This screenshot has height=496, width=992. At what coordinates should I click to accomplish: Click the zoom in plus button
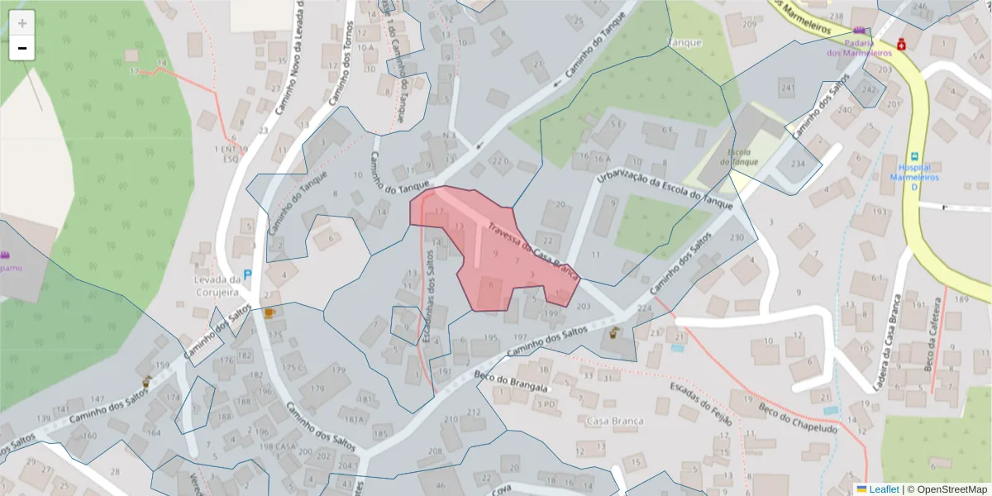pyautogui.click(x=22, y=23)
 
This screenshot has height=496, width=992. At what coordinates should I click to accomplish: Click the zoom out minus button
pyautogui.click(x=22, y=48)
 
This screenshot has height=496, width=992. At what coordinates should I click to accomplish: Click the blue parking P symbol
pyautogui.click(x=247, y=274)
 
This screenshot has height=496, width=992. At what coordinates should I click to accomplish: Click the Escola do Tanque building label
pyautogui.click(x=738, y=156)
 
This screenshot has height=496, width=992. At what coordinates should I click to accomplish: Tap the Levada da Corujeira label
pyautogui.click(x=217, y=285)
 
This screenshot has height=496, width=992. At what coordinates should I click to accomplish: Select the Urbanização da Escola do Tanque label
pyautogui.click(x=665, y=191)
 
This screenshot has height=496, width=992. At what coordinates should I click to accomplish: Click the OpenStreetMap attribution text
pyautogui.click(x=947, y=489)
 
